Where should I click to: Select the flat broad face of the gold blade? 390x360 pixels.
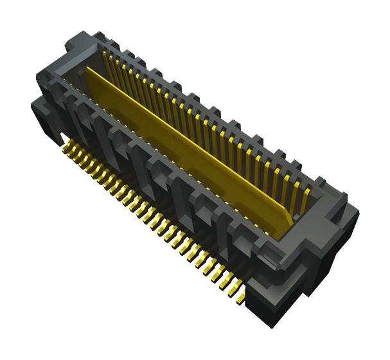click(186, 148)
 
